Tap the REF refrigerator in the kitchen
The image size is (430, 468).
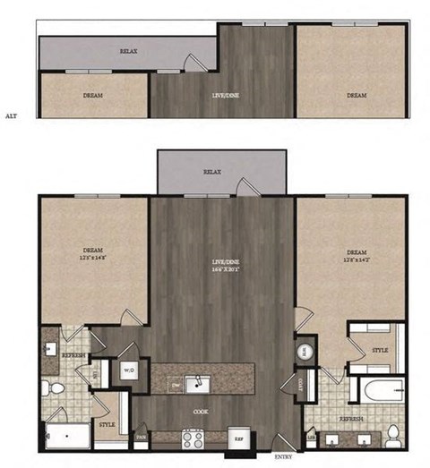239,439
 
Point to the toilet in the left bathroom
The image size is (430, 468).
53,388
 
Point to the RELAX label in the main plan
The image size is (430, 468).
211,170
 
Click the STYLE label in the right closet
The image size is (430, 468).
379,349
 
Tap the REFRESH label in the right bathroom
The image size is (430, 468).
350,419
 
